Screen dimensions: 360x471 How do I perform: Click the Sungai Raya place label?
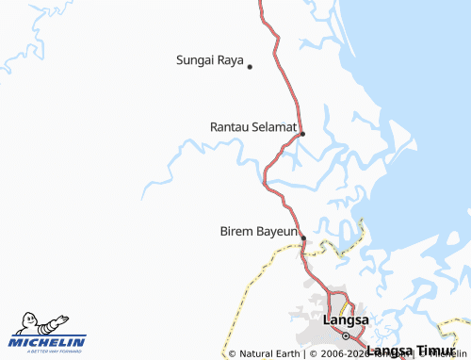click(209, 59)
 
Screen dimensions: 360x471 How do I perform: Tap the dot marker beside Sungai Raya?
click(250, 66)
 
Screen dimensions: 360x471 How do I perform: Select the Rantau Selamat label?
click(253, 125)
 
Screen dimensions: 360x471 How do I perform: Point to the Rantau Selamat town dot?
click(302, 134)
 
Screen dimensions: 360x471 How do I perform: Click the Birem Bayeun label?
click(258, 230)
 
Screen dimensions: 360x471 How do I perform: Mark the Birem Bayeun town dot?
click(302, 237)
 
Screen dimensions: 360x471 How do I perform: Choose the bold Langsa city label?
click(345, 320)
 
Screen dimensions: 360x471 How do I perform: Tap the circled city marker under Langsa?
click(346, 335)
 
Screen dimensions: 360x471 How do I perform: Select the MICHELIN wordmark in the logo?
click(48, 342)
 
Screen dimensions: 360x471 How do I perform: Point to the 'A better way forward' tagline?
click(48, 352)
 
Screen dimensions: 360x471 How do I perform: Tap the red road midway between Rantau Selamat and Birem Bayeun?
click(273, 188)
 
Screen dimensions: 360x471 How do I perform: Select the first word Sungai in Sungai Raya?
click(195, 59)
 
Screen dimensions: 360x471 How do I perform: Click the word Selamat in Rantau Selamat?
click(275, 125)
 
